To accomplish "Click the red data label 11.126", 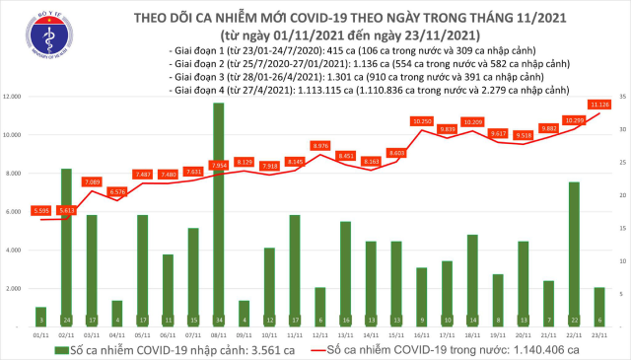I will coord(598,103).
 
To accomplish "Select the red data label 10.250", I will coord(423,120).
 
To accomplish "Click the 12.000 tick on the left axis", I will coord(13,97).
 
